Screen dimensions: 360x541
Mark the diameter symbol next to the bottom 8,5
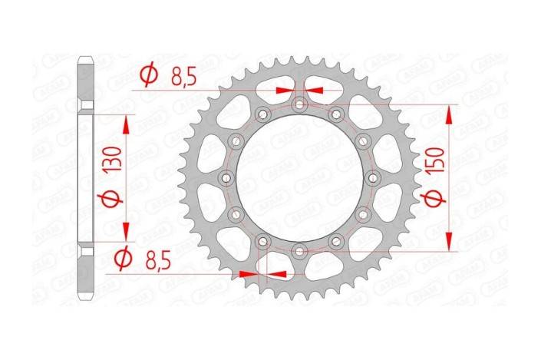pos(121,259)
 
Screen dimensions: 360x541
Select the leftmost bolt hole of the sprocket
pos(226,177)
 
